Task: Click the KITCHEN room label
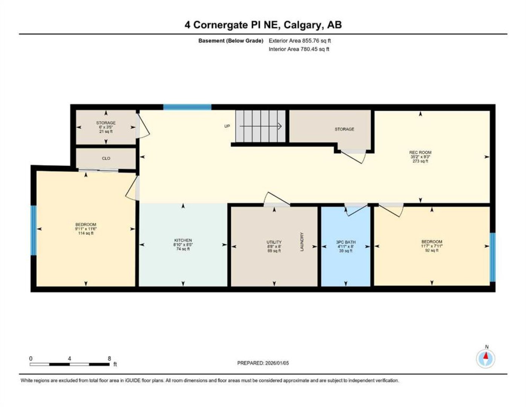click(183, 240)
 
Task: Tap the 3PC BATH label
click(346, 242)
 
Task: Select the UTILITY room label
click(274, 242)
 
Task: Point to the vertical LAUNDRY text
click(301, 242)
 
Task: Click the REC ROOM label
click(420, 152)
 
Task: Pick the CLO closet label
click(106, 158)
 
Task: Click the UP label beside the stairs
click(227, 126)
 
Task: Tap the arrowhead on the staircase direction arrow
click(280, 126)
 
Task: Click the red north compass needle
click(486, 356)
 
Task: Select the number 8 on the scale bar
click(109, 358)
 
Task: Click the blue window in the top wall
click(187, 107)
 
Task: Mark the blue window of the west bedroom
click(34, 230)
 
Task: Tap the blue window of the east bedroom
click(492, 257)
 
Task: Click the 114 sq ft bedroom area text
click(86, 233)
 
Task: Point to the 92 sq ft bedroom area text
click(431, 250)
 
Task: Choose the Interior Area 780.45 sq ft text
click(299, 49)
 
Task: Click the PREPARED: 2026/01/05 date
click(263, 363)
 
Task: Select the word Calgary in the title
click(304, 25)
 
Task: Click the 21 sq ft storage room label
click(106, 132)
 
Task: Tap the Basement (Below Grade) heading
click(231, 41)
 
